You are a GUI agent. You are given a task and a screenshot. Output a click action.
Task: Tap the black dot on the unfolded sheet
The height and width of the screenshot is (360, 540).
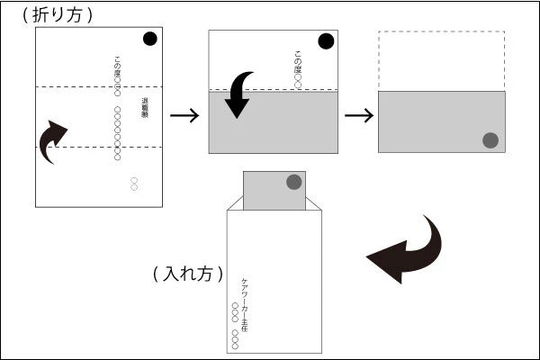pyautogui.click(x=149, y=38)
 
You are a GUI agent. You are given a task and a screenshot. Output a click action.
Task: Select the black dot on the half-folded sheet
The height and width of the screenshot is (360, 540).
pyautogui.click(x=325, y=40)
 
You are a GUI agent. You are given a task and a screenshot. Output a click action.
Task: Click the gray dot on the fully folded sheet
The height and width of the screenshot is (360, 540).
pyautogui.click(x=490, y=139)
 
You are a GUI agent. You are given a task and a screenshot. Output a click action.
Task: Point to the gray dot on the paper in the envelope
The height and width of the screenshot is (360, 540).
pyautogui.click(x=293, y=182)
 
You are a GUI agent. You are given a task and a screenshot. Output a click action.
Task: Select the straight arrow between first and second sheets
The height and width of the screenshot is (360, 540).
pyautogui.click(x=184, y=114)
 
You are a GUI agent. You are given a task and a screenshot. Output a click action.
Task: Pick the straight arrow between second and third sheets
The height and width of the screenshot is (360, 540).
pyautogui.click(x=358, y=114)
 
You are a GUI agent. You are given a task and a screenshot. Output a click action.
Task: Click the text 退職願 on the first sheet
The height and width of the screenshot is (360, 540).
pyautogui.click(x=144, y=109)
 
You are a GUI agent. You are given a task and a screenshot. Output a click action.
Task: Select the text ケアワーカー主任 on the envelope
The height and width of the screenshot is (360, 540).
pyautogui.click(x=245, y=304)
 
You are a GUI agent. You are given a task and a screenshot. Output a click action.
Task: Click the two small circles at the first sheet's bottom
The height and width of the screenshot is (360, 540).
pyautogui.click(x=134, y=184)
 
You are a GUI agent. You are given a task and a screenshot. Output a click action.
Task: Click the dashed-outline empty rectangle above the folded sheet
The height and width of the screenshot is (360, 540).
pyautogui.click(x=442, y=61)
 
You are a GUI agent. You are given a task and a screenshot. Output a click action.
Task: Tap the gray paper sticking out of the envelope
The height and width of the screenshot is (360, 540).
pyautogui.click(x=274, y=190)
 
